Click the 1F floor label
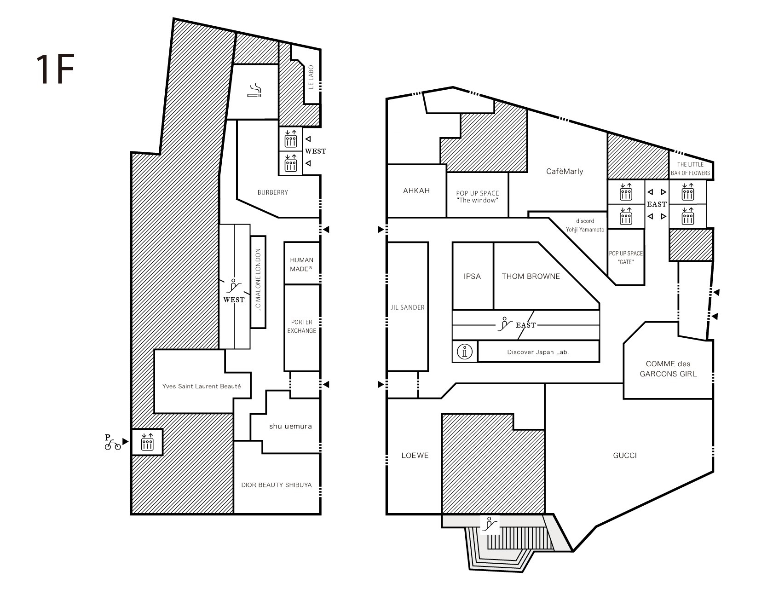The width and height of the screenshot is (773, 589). point(55,69)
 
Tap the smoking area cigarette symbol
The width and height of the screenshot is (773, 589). point(254,91)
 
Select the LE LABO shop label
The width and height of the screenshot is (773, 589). point(311,77)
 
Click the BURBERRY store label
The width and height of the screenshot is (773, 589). point(273,192)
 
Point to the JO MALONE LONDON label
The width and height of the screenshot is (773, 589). point(258,280)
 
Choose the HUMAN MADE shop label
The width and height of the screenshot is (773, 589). point(302,265)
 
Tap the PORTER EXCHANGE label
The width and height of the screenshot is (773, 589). point(302,326)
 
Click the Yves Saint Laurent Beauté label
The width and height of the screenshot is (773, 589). point(202,387)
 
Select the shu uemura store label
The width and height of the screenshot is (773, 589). point(290,426)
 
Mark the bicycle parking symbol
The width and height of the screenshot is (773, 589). point(112,442)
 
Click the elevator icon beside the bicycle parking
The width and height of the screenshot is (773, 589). point(147,442)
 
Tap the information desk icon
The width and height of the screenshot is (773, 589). point(465,352)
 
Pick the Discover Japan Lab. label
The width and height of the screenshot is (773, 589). point(538,352)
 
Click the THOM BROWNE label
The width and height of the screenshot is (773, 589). point(531,276)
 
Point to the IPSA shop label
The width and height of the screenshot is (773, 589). point(473,276)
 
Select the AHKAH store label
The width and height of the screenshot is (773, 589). point(416,191)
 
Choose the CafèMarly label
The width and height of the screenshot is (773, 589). point(565,171)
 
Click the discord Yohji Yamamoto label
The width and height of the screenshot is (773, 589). point(585,225)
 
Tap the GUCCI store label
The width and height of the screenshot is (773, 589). point(625,456)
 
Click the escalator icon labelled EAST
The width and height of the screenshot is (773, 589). point(505,324)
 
